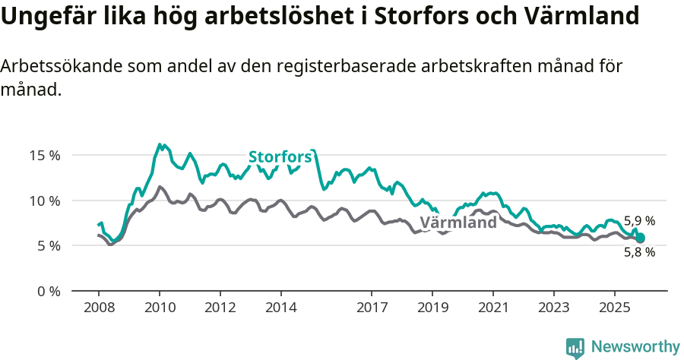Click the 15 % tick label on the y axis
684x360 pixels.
[x=45, y=155]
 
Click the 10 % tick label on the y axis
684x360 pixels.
[x=45, y=201]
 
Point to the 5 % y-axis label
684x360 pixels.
[x=48, y=245]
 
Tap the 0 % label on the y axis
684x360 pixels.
[x=48, y=291]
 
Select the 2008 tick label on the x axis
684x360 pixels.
[x=99, y=308]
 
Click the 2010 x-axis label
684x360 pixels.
[x=160, y=308]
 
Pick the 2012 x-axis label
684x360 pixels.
[x=220, y=308]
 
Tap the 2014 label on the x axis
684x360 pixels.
[x=280, y=308]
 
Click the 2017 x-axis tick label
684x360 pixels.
[x=372, y=308]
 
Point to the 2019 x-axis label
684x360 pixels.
[x=432, y=308]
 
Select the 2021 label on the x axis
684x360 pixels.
[x=493, y=308]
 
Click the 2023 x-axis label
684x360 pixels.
[x=553, y=308]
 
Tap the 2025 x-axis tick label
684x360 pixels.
[x=614, y=308]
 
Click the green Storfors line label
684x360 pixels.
[x=280, y=157]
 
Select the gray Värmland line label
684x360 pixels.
[x=458, y=223]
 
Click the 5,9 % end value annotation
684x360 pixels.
[x=639, y=222]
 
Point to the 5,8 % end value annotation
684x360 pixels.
[x=639, y=253]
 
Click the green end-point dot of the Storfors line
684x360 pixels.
[x=640, y=238]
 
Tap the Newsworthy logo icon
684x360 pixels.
[x=575, y=347]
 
